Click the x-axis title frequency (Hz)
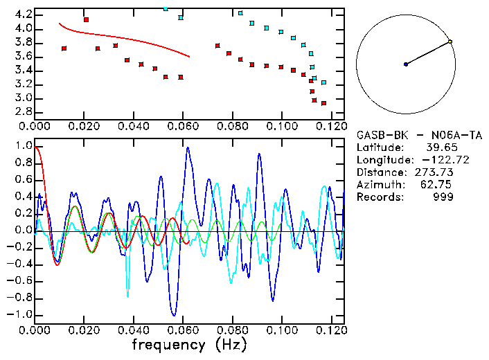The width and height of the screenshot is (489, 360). [189, 344]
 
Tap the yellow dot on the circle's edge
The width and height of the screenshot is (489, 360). [450, 42]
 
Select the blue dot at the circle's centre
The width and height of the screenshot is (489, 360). [406, 64]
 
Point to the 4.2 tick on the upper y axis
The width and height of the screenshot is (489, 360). [23, 15]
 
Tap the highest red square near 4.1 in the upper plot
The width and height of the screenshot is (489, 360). [86, 20]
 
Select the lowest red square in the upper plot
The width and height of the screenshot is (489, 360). [323, 103]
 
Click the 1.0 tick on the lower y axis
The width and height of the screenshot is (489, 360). [23, 146]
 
